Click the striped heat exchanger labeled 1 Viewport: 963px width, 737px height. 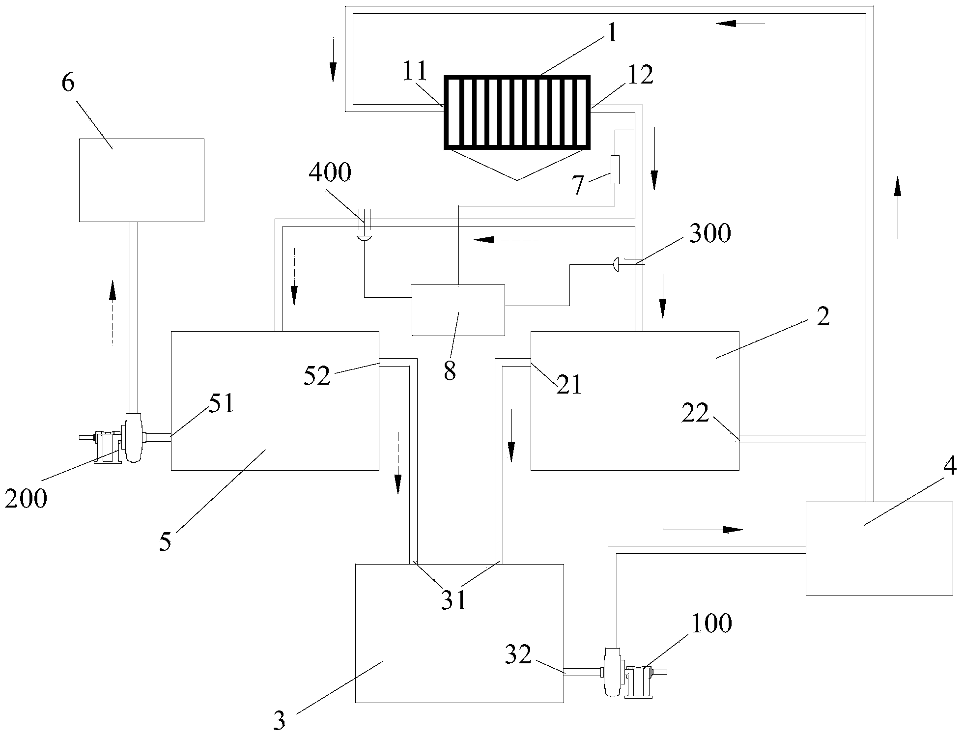coord(516,112)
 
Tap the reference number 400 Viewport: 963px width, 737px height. coord(330,173)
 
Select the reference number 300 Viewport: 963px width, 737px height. coord(710,233)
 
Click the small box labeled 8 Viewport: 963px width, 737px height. coord(458,310)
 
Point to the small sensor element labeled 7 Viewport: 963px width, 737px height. coord(615,170)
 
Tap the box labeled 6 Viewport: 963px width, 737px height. coord(142,180)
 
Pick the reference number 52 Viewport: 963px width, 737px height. coord(317,376)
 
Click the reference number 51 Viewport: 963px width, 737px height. coord(222,403)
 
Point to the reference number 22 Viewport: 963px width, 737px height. coord(695,414)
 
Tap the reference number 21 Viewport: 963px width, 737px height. coord(569,385)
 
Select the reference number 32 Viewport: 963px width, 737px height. coord(518,654)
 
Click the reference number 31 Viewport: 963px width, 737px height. coord(453,600)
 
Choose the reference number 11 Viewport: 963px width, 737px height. coord(415,72)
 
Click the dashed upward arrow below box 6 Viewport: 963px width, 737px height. coord(113,312)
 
